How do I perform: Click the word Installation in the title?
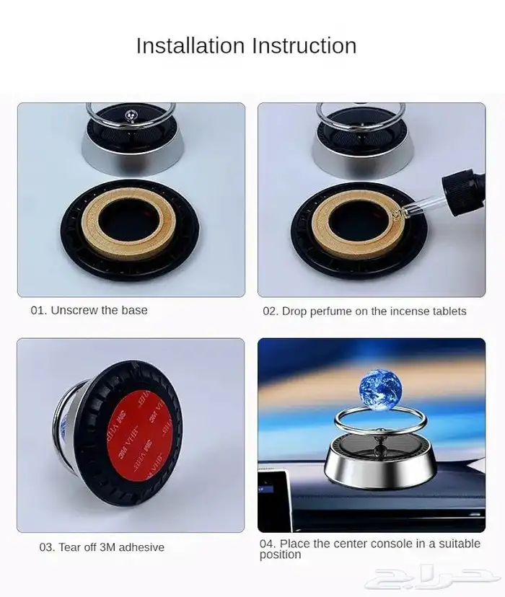click(x=190, y=45)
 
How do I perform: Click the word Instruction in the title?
click(x=304, y=45)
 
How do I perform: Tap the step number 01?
click(x=38, y=310)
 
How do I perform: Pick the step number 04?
click(x=268, y=544)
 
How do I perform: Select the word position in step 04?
click(x=280, y=554)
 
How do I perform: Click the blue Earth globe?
click(x=380, y=390)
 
